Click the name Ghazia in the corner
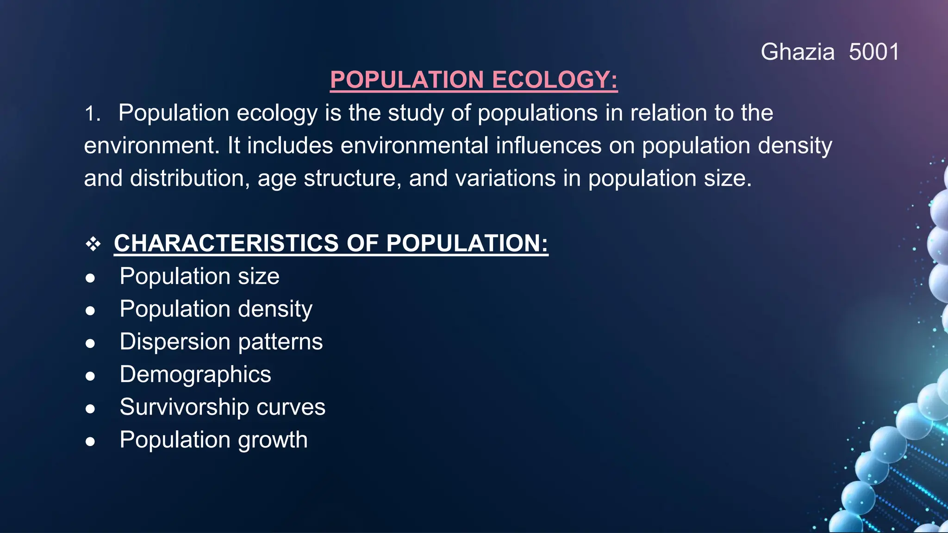tap(797, 52)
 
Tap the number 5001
tap(874, 52)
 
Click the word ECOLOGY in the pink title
tap(555, 80)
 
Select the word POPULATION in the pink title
tap(407, 80)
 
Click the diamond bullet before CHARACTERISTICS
tap(93, 244)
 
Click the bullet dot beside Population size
tap(90, 278)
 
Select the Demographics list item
tap(195, 375)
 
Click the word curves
tap(291, 408)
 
